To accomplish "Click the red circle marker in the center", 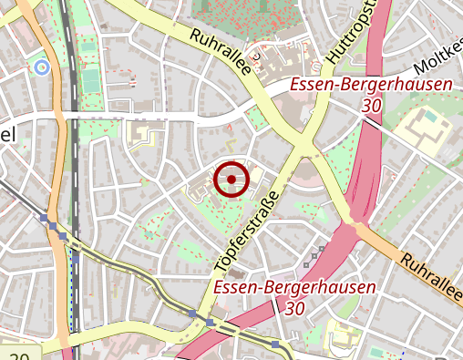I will (x=231, y=180).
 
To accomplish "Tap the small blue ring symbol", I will (x=40, y=67).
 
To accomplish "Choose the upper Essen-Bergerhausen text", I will (x=371, y=87).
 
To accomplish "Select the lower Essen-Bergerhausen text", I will (x=294, y=289).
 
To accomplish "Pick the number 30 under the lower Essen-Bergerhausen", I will (x=293, y=309).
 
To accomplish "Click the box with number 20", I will (x=20, y=355).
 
